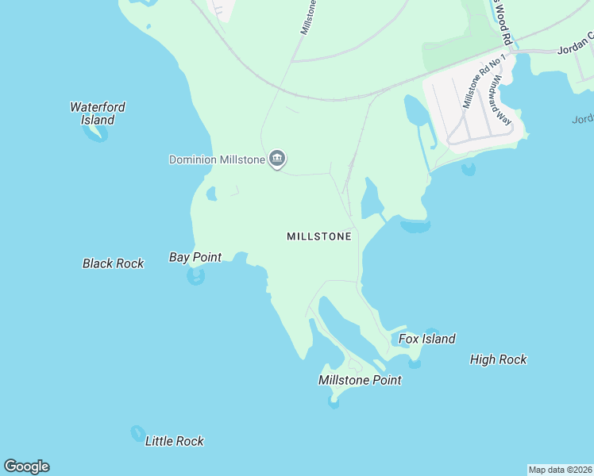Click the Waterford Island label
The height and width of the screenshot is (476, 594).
click(98, 113)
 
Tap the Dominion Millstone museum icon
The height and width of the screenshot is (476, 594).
click(277, 159)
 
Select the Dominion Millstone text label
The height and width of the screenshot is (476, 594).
click(217, 159)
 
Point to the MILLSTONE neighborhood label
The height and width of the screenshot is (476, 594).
click(318, 236)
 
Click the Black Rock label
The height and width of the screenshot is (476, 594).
click(113, 263)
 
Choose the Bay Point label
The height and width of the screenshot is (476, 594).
click(195, 257)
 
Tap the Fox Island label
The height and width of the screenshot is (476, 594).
click(427, 340)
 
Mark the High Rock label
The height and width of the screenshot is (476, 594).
click(498, 359)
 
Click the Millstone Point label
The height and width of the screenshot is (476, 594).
click(360, 380)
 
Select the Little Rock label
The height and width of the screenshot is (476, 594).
click(175, 441)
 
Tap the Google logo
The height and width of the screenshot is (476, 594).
click(26, 466)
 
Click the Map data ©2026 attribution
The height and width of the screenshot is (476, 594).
click(560, 470)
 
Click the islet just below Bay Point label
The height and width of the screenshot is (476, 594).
click(195, 276)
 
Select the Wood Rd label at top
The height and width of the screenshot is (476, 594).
click(502, 20)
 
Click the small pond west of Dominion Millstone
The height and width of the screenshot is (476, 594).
click(211, 194)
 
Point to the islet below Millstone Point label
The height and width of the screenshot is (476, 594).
click(334, 402)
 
